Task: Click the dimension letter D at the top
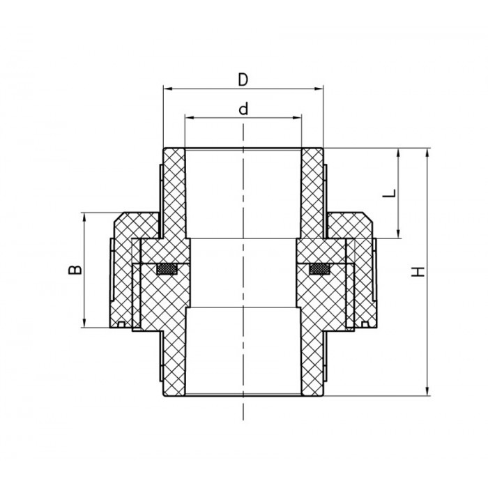pyautogui.click(x=243, y=79)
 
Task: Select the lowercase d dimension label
pyautogui.click(x=243, y=109)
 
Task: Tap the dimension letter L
pyautogui.click(x=389, y=193)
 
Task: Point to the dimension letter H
pyautogui.click(x=418, y=272)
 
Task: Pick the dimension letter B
pyautogui.click(x=75, y=270)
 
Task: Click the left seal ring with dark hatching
pyautogui.click(x=167, y=269)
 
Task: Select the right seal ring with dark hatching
pyautogui.click(x=320, y=269)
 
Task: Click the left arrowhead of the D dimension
pyautogui.click(x=168, y=89)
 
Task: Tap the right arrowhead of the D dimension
pyautogui.click(x=319, y=89)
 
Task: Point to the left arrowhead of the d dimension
pyautogui.click(x=190, y=118)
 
